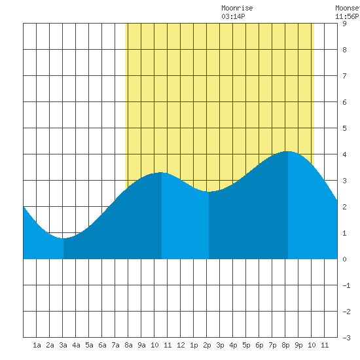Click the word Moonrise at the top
pos(237,8)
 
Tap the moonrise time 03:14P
pos(233,16)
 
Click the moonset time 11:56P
pos(347,16)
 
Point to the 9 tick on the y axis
pos(344,24)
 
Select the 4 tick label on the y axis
pos(344,154)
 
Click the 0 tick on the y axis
pos(344,259)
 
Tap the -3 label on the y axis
pos(346,338)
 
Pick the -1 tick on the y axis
pos(346,285)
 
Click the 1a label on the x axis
pos(37,345)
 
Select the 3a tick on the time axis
pos(63,345)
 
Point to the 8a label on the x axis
pos(128,345)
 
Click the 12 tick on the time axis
pos(181,345)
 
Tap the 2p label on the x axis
pos(207,345)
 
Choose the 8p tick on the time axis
pos(285,345)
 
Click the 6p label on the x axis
pos(259,345)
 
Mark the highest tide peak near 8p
pos(287,151)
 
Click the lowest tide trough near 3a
pos(63,238)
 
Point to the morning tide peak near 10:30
pos(161,172)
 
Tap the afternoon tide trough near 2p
pos(208,192)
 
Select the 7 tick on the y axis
pos(344,76)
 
